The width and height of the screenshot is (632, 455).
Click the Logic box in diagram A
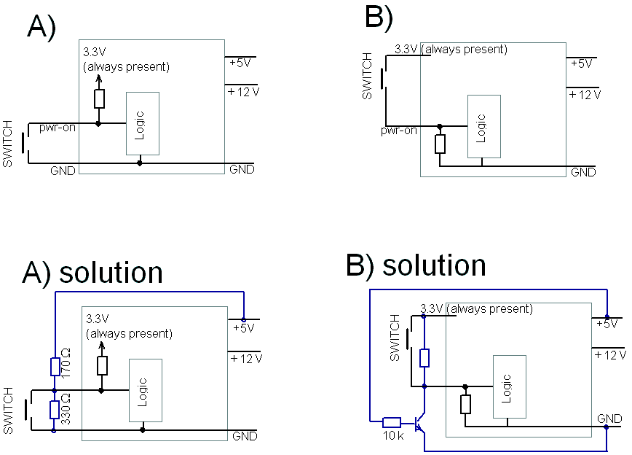[143, 124]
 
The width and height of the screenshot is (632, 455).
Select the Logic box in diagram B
[483, 128]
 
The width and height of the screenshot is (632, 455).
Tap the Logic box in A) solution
[146, 390]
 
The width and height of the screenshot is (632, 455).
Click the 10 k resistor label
[393, 435]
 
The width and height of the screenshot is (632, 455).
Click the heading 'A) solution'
[92, 272]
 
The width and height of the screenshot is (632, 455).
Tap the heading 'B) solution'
[416, 265]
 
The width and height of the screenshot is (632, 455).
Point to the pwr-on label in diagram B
[398, 131]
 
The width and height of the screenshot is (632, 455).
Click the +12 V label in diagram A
[243, 92]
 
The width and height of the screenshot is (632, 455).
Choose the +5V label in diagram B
[581, 63]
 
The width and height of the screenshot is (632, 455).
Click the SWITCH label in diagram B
[368, 76]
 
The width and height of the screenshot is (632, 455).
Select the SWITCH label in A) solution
[9, 411]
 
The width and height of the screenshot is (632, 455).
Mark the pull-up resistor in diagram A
[99, 98]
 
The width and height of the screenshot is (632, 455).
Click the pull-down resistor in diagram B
[439, 144]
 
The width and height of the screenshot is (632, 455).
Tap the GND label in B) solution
[609, 419]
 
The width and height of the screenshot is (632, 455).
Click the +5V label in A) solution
[243, 328]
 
